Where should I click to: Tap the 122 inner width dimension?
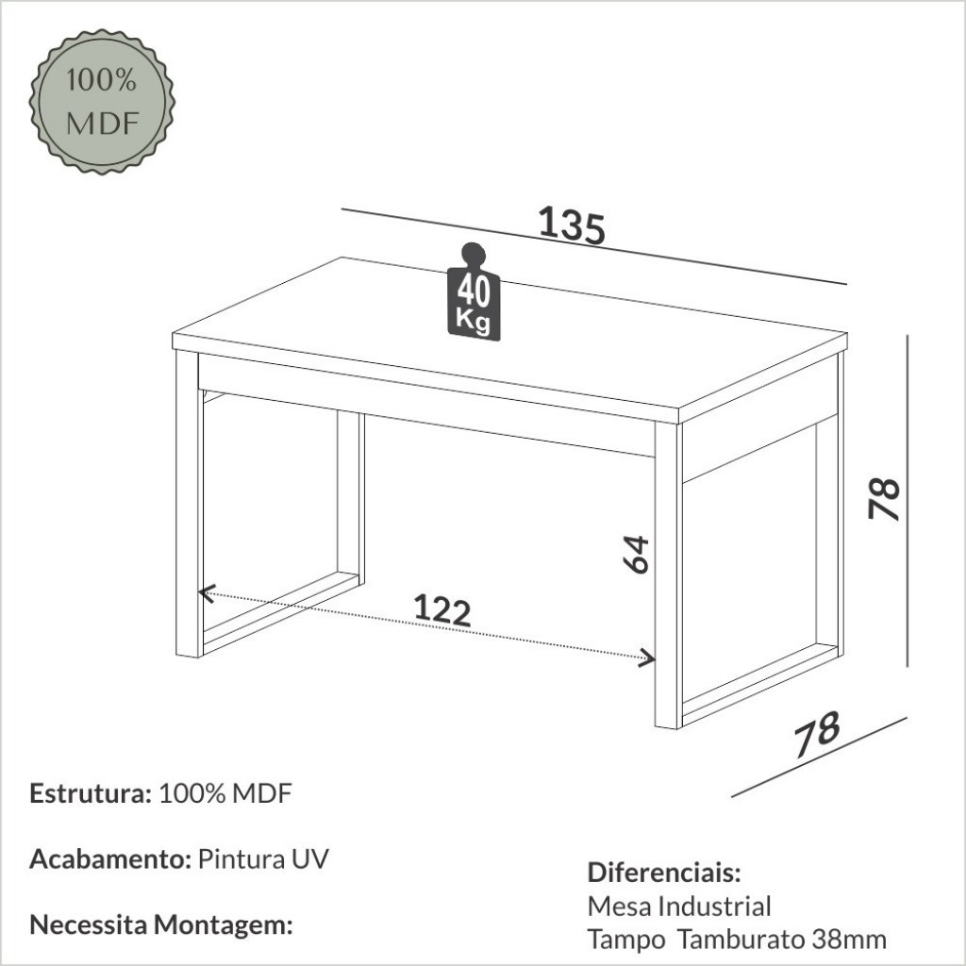pos(441,610)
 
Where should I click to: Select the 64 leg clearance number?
pos(636,554)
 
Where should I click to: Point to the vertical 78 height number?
pos(884,498)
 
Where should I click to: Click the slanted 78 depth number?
pos(817,734)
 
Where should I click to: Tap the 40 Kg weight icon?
pos(474,291)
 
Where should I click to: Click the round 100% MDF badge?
pos(102,102)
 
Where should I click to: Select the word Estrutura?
pos(90,793)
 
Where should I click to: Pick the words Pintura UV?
pos(263,858)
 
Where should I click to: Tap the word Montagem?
pos(223,925)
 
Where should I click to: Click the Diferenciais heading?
pos(663,873)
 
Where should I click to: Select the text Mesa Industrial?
pos(679,907)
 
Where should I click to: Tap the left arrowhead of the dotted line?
pos(207,592)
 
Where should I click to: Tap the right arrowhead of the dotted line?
pos(647,658)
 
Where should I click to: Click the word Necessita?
pos(88,925)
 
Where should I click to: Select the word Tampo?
pos(626,941)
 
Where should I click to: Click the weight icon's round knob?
pos(474,254)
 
